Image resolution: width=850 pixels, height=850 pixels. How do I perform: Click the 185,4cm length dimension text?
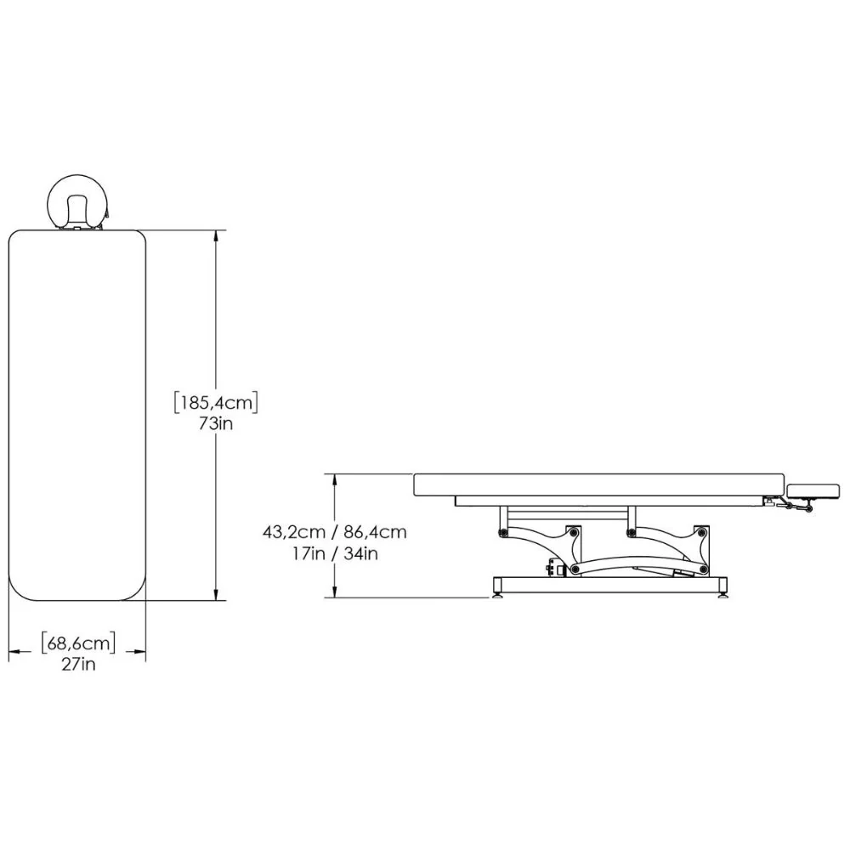coord(216,403)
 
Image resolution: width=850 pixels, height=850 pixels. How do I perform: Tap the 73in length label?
coord(216,423)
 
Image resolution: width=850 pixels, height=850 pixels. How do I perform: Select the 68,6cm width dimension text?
coord(78,643)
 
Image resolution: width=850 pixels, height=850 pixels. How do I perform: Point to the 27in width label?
coord(78,664)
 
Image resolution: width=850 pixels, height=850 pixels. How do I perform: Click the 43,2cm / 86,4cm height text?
coord(334,532)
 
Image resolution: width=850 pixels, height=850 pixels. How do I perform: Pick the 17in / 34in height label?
coord(334,554)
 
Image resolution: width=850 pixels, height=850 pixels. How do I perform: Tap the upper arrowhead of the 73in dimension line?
coord(216,237)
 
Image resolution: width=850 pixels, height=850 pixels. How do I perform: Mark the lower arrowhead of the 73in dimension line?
coord(216,593)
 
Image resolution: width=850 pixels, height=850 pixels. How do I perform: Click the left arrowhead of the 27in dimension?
coord(15,652)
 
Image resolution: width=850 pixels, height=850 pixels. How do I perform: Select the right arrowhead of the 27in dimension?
coord(139,652)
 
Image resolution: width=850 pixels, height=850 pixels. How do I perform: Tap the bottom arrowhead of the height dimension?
coord(336,591)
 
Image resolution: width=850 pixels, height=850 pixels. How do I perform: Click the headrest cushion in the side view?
coord(813,491)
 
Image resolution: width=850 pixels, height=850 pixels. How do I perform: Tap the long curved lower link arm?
coord(638,561)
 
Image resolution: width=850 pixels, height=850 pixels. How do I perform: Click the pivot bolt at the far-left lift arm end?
coord(503,532)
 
